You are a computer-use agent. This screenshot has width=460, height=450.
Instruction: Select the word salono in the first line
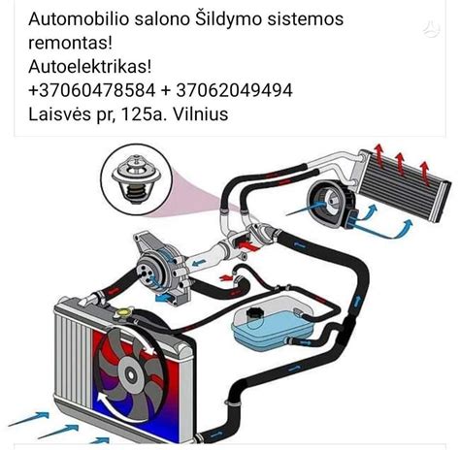coord(172,19)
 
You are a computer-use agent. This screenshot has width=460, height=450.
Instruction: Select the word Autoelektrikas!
coord(89,66)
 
